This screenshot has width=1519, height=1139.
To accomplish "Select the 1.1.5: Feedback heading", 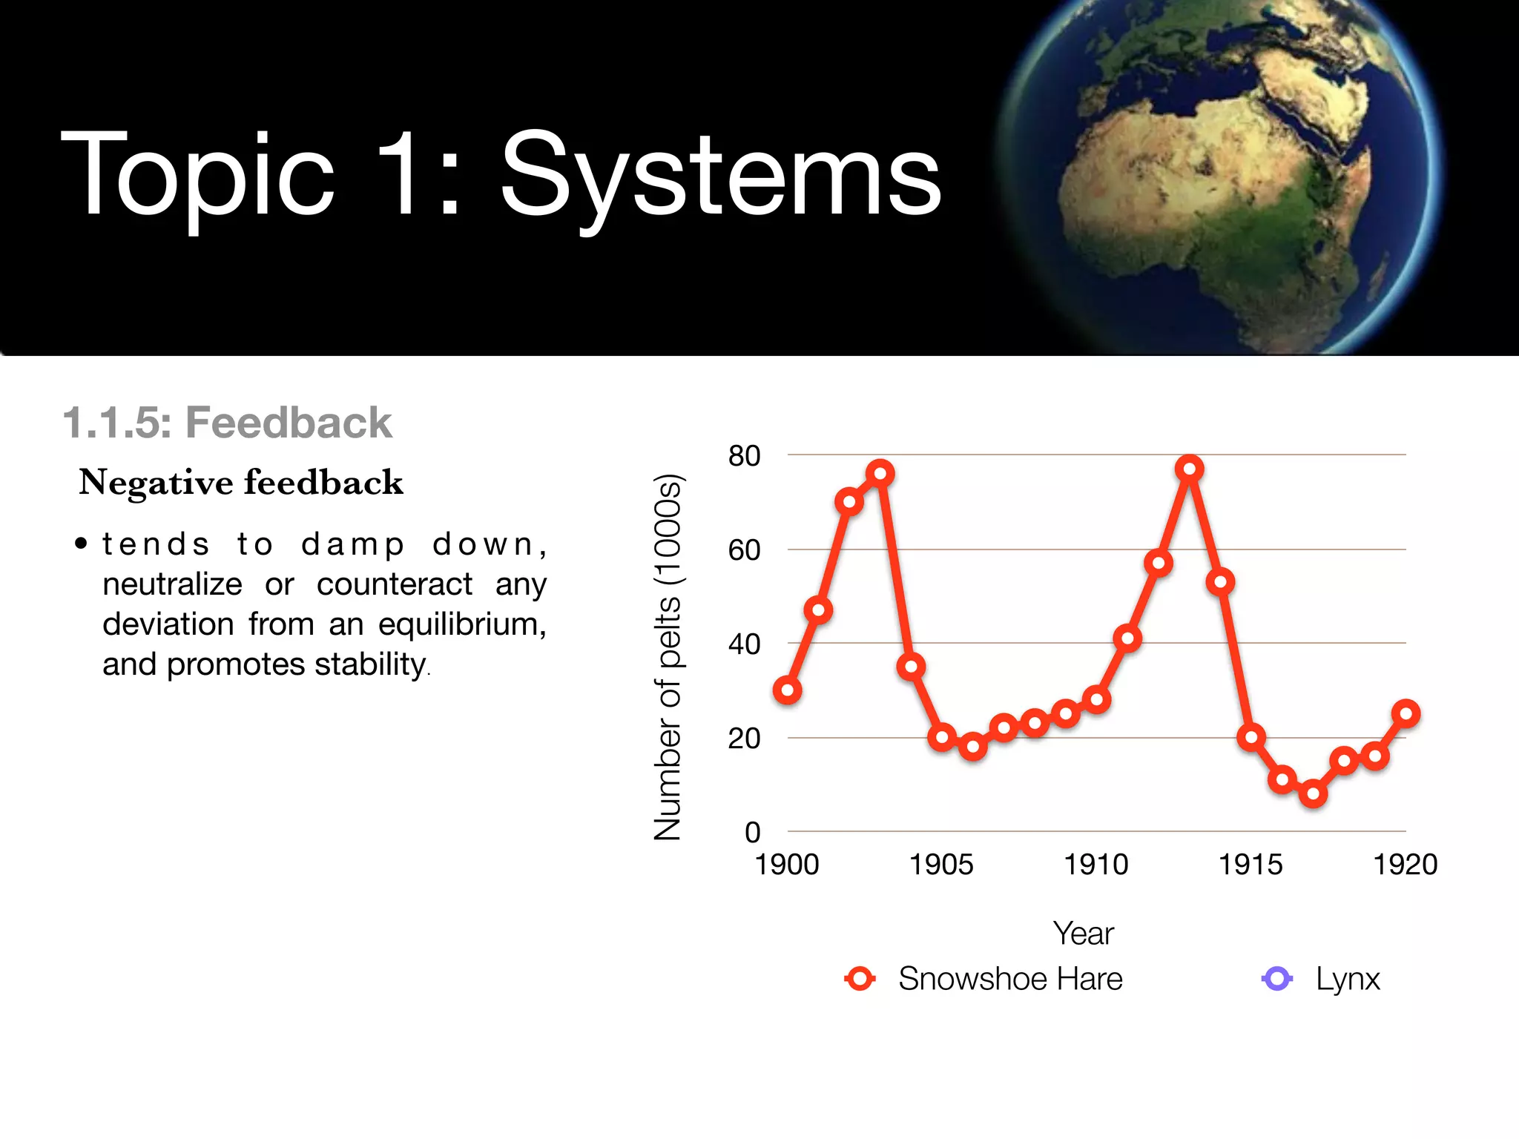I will pos(227,423).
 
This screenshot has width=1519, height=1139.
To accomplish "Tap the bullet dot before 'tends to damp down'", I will pos(81,544).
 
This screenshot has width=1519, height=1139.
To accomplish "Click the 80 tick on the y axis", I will pos(744,455).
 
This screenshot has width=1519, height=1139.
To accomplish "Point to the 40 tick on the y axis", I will pos(744,644).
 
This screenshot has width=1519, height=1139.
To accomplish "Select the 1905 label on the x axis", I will pos(941,865).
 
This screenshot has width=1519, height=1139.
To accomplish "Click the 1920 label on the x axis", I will pos(1405,865).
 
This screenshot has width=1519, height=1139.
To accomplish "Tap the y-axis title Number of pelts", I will pos(668,656).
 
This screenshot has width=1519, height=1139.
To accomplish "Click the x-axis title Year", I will pos(1083,934).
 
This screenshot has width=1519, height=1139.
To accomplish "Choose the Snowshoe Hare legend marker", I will pos(860,979).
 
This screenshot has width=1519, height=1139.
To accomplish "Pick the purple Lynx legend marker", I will pos(1276,979).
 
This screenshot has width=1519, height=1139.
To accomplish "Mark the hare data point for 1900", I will pos(787,690).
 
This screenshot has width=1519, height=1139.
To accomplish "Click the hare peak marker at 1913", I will pos(1189,469).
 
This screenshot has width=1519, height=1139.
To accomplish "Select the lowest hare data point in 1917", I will pos(1313,794).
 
